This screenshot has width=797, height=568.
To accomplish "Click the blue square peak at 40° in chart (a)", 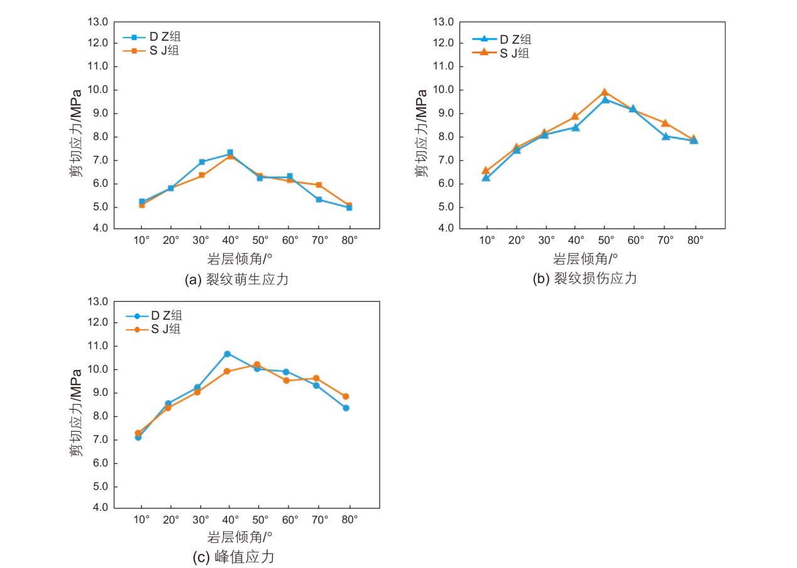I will (230, 153).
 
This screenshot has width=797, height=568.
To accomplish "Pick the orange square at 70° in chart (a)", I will (319, 185).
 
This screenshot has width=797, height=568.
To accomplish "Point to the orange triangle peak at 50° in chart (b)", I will (604, 92).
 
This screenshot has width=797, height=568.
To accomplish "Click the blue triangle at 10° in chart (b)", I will (486, 178).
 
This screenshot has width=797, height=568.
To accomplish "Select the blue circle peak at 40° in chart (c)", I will (227, 354).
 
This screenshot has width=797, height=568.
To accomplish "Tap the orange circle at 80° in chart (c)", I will (346, 396).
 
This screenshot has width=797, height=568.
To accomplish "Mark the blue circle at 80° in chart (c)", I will (346, 408).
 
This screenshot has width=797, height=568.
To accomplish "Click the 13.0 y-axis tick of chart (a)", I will (99, 22).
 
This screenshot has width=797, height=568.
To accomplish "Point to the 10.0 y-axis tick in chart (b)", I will (444, 90).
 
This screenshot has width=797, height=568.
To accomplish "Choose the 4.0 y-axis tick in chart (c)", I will (99, 507).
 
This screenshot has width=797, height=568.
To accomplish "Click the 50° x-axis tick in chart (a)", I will (260, 240).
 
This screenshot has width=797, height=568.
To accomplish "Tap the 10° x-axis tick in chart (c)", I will (141, 520).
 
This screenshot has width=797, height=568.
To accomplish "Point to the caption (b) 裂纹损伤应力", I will (585, 278).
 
